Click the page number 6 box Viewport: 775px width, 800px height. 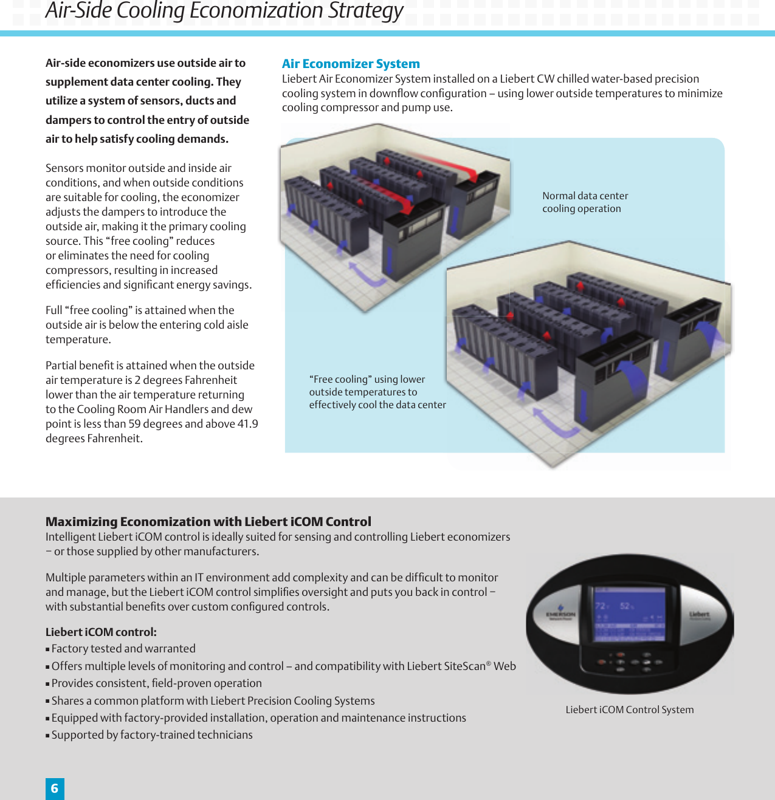pyautogui.click(x=55, y=788)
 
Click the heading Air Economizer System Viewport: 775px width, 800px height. pyautogui.click(x=351, y=64)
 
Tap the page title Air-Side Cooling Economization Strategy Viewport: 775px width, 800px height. pyautogui.click(x=224, y=11)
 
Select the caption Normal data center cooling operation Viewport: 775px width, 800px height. pyautogui.click(x=585, y=202)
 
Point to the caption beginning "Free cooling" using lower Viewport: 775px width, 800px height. pyautogui.click(x=377, y=392)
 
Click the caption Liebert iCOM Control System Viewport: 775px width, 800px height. pyautogui.click(x=629, y=709)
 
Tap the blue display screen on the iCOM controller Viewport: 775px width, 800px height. pyautogui.click(x=629, y=614)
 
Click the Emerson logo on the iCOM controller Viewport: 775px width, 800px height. pyautogui.click(x=560, y=612)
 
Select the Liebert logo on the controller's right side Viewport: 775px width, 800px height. pyautogui.click(x=700, y=615)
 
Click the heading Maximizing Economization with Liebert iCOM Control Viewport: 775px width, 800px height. pyautogui.click(x=208, y=522)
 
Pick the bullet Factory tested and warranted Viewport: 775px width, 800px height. pyautogui.click(x=123, y=649)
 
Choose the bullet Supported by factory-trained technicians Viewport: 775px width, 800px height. pyautogui.click(x=152, y=735)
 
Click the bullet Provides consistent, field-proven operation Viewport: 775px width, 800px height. pyautogui.click(x=156, y=683)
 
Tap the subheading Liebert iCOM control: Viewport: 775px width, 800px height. pyautogui.click(x=101, y=632)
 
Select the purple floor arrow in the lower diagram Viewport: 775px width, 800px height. pyautogui.click(x=556, y=423)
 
